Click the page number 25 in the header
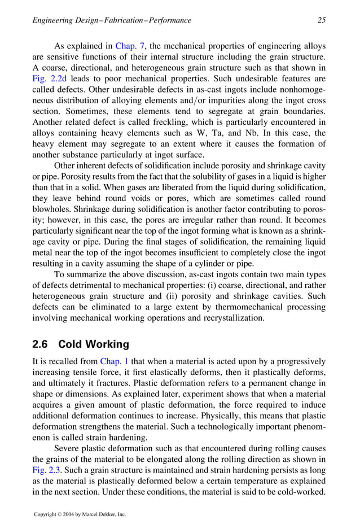[x=322, y=20]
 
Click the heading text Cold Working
[x=94, y=344]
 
